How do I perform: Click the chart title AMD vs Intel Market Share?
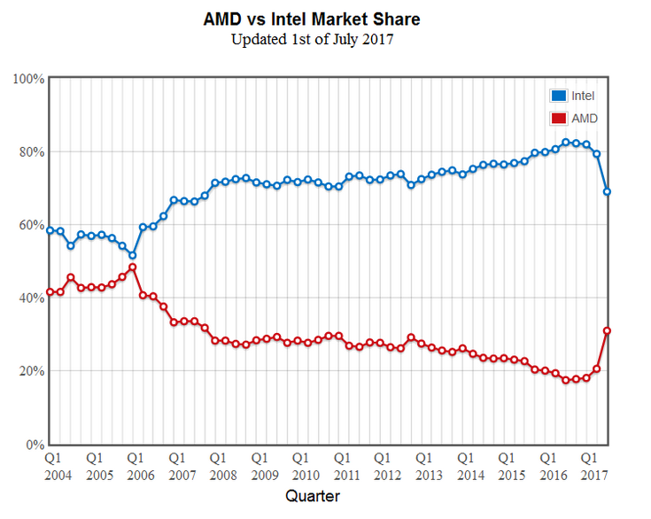point(324,19)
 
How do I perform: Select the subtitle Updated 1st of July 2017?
point(324,39)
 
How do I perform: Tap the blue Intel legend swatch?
point(558,96)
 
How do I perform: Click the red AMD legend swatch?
point(558,118)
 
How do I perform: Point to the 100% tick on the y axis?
point(29,79)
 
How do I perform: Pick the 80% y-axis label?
point(31,151)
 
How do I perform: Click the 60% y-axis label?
point(31,225)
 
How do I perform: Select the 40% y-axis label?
point(31,298)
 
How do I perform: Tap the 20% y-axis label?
point(31,371)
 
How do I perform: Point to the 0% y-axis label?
point(35,444)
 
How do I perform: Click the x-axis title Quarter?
point(312,497)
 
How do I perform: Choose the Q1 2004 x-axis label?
point(53,467)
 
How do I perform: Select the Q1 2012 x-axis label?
point(383,467)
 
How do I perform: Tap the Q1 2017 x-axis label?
point(588,467)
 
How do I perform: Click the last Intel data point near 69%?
point(608,191)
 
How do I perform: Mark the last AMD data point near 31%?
point(608,330)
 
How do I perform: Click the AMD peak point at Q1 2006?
point(133,267)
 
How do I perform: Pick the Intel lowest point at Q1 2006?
point(133,255)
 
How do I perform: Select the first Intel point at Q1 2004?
point(50,230)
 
